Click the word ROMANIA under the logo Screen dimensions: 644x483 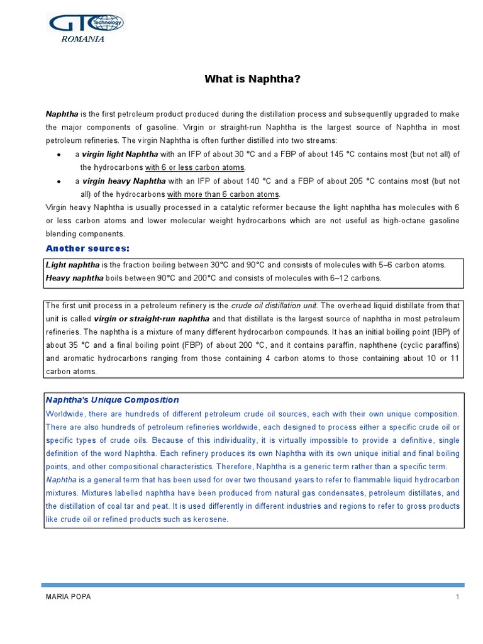(x=82, y=39)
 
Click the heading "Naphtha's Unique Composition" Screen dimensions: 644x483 (x=113, y=400)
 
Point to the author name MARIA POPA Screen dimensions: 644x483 (x=69, y=597)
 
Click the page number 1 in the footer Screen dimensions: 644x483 (x=458, y=597)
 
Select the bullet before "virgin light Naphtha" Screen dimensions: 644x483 (x=58, y=155)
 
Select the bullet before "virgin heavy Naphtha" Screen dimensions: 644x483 (x=58, y=181)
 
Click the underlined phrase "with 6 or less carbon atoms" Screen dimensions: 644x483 (x=195, y=168)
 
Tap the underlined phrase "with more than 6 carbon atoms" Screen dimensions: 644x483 (x=223, y=194)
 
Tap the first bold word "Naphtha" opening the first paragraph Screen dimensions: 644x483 (x=62, y=114)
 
